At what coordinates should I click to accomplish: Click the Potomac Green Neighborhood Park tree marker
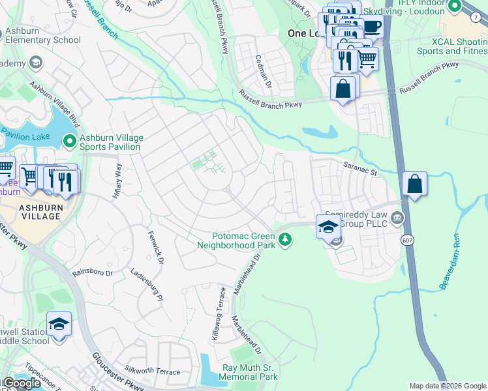(x=284, y=240)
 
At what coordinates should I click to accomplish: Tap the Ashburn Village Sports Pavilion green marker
(x=70, y=140)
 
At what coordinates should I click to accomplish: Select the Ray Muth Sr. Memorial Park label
(x=250, y=372)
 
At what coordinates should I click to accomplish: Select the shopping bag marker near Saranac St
(x=414, y=184)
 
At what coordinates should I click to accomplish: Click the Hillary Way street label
(x=118, y=183)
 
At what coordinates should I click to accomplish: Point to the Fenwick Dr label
(x=155, y=248)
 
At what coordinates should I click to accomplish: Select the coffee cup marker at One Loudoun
(x=371, y=27)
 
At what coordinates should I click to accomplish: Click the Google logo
(x=22, y=383)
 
